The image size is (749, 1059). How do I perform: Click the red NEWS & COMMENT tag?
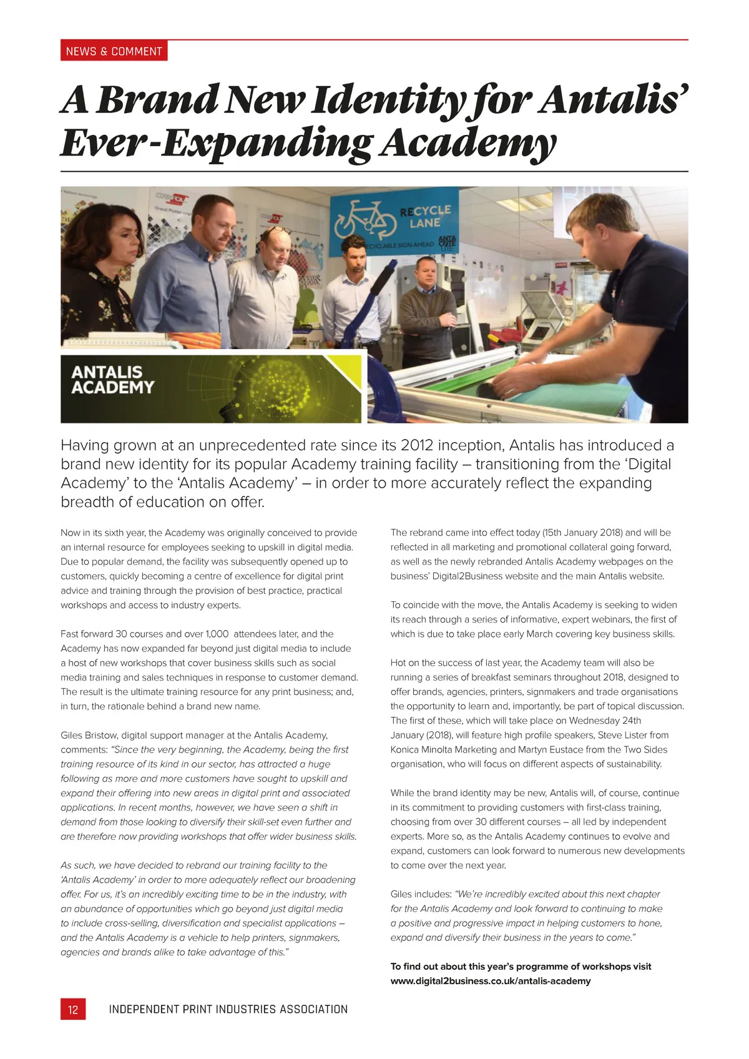click(114, 51)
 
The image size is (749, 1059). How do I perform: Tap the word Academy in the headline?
click(468, 144)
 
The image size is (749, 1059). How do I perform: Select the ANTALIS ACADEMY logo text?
click(112, 380)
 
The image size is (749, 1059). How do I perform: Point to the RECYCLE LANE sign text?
click(425, 216)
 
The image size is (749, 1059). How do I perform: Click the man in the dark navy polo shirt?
click(630, 287)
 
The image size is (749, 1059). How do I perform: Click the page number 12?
click(73, 1009)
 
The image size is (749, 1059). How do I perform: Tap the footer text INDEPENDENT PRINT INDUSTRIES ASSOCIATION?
click(228, 1009)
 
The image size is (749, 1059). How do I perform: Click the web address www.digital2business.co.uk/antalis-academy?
click(491, 981)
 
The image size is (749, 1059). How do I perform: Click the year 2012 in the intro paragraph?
click(417, 445)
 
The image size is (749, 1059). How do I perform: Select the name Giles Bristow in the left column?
click(89, 735)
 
